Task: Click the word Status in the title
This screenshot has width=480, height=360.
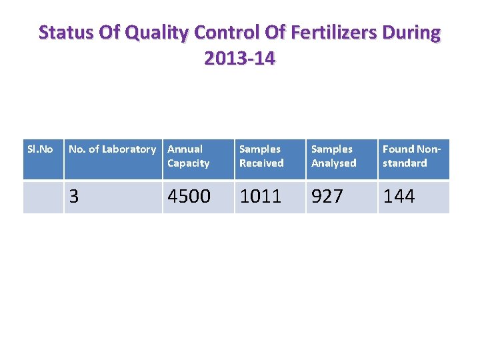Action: [x=66, y=32]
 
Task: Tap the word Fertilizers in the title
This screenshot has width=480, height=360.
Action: [x=334, y=32]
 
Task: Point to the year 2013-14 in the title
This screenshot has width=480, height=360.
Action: [x=240, y=58]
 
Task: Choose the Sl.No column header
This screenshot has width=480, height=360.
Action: [x=40, y=149]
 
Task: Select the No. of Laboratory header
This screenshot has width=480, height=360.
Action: [x=113, y=149]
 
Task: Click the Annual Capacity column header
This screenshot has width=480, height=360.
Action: [x=188, y=156]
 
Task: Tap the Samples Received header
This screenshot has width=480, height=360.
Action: [x=261, y=156]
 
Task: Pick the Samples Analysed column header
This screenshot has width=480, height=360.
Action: [x=334, y=156]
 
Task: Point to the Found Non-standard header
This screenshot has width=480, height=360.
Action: [x=411, y=156]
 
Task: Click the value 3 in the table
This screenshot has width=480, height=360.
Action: [x=74, y=196]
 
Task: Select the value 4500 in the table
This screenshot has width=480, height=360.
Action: [x=189, y=196]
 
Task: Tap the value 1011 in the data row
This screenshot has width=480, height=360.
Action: [x=261, y=196]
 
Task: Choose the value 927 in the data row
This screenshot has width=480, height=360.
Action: [x=327, y=196]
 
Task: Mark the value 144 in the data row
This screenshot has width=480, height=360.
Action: [x=399, y=196]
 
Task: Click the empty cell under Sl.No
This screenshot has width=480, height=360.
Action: [x=43, y=197]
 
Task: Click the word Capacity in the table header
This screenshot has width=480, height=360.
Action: [x=188, y=163]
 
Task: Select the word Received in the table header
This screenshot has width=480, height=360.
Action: [x=261, y=163]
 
